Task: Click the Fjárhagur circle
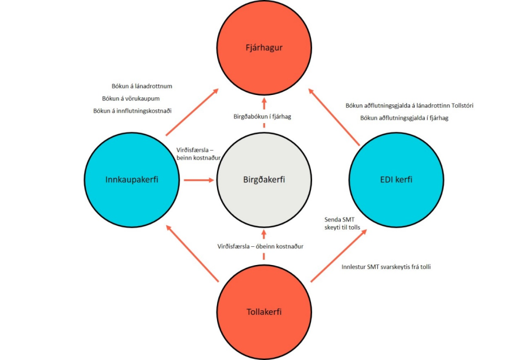click(x=263, y=47)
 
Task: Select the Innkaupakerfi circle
click(x=131, y=179)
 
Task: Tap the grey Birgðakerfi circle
click(x=263, y=179)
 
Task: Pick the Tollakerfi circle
click(x=263, y=311)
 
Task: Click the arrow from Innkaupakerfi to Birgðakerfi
click(x=199, y=180)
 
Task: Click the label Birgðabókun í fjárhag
click(x=263, y=117)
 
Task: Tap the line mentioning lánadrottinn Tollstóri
click(x=409, y=106)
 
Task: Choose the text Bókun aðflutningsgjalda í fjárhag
click(x=397, y=118)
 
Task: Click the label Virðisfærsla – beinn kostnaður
click(x=198, y=154)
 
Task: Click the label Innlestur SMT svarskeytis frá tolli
click(x=387, y=267)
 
